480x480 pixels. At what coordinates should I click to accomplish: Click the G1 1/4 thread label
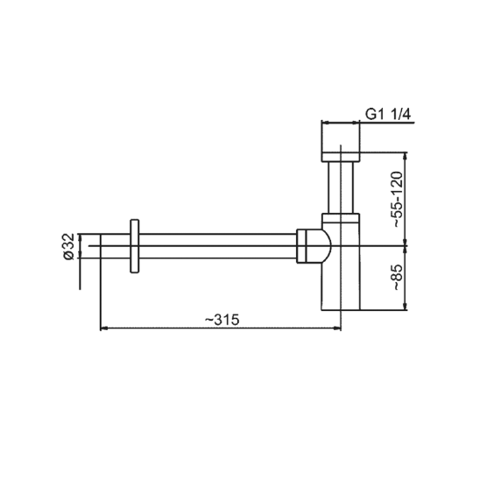point(388,115)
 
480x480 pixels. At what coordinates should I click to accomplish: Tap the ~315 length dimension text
point(222,320)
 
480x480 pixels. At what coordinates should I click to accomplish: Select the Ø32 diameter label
point(69,246)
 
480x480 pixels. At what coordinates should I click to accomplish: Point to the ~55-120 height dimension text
point(398,200)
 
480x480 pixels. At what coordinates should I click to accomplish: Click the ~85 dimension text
point(398,278)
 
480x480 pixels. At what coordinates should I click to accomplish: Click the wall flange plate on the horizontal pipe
point(135,246)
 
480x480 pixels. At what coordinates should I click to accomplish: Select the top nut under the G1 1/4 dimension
point(341,157)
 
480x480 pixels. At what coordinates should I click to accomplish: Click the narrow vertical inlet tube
point(341,187)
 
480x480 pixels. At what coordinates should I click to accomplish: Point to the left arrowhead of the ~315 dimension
point(104,328)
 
